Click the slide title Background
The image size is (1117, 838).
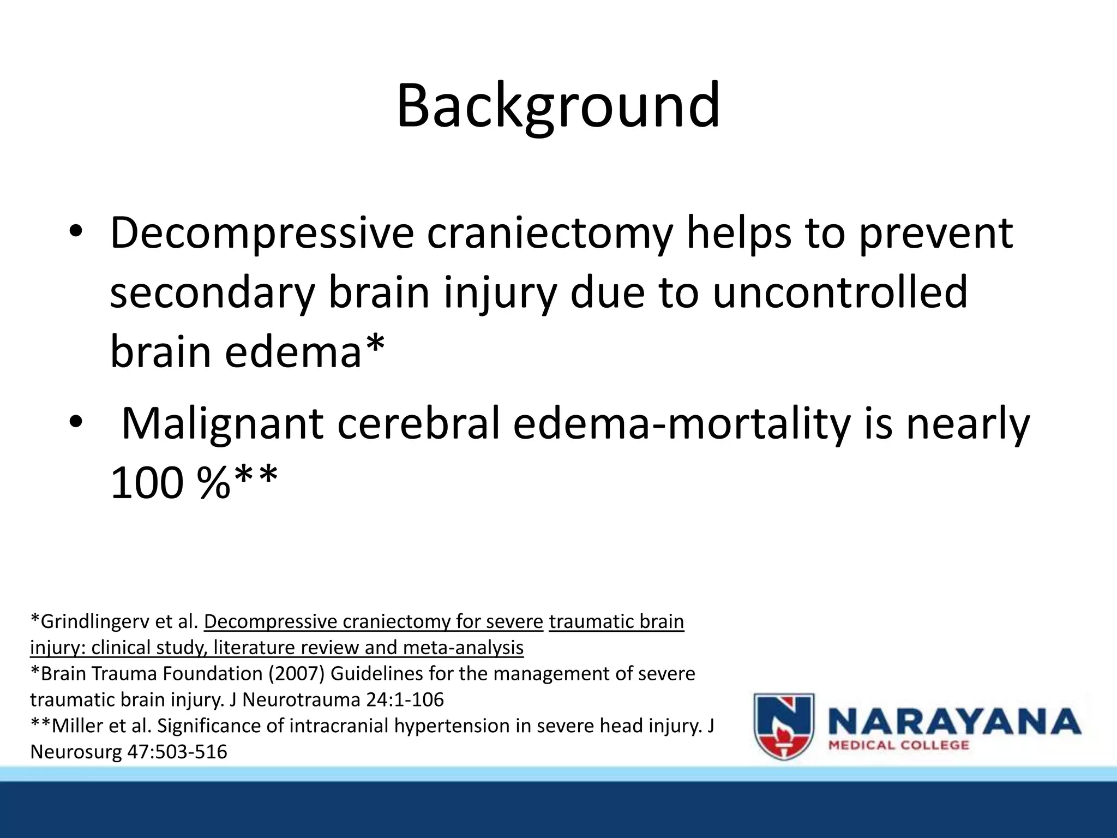click(x=558, y=106)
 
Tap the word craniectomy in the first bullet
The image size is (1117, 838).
click(x=549, y=234)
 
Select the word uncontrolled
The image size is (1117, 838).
click(x=840, y=292)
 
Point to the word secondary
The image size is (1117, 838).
click(x=212, y=292)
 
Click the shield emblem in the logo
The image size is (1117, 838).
click(x=784, y=726)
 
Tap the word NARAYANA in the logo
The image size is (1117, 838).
click(x=954, y=721)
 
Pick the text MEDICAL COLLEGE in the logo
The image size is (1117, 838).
click(x=899, y=746)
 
